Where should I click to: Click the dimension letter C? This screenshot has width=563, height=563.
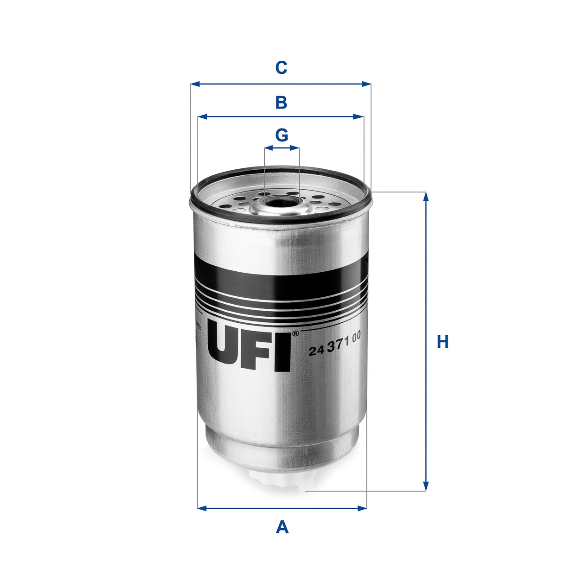[281, 68]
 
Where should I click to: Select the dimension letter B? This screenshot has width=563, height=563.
[281, 102]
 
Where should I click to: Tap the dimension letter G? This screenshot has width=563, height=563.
[281, 135]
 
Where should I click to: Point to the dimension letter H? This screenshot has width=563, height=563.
[443, 342]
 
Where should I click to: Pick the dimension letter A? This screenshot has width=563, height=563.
[282, 527]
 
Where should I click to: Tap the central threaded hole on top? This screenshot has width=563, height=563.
[281, 203]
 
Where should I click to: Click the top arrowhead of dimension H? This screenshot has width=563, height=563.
[426, 196]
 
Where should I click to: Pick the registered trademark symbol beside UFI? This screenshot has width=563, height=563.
[295, 333]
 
